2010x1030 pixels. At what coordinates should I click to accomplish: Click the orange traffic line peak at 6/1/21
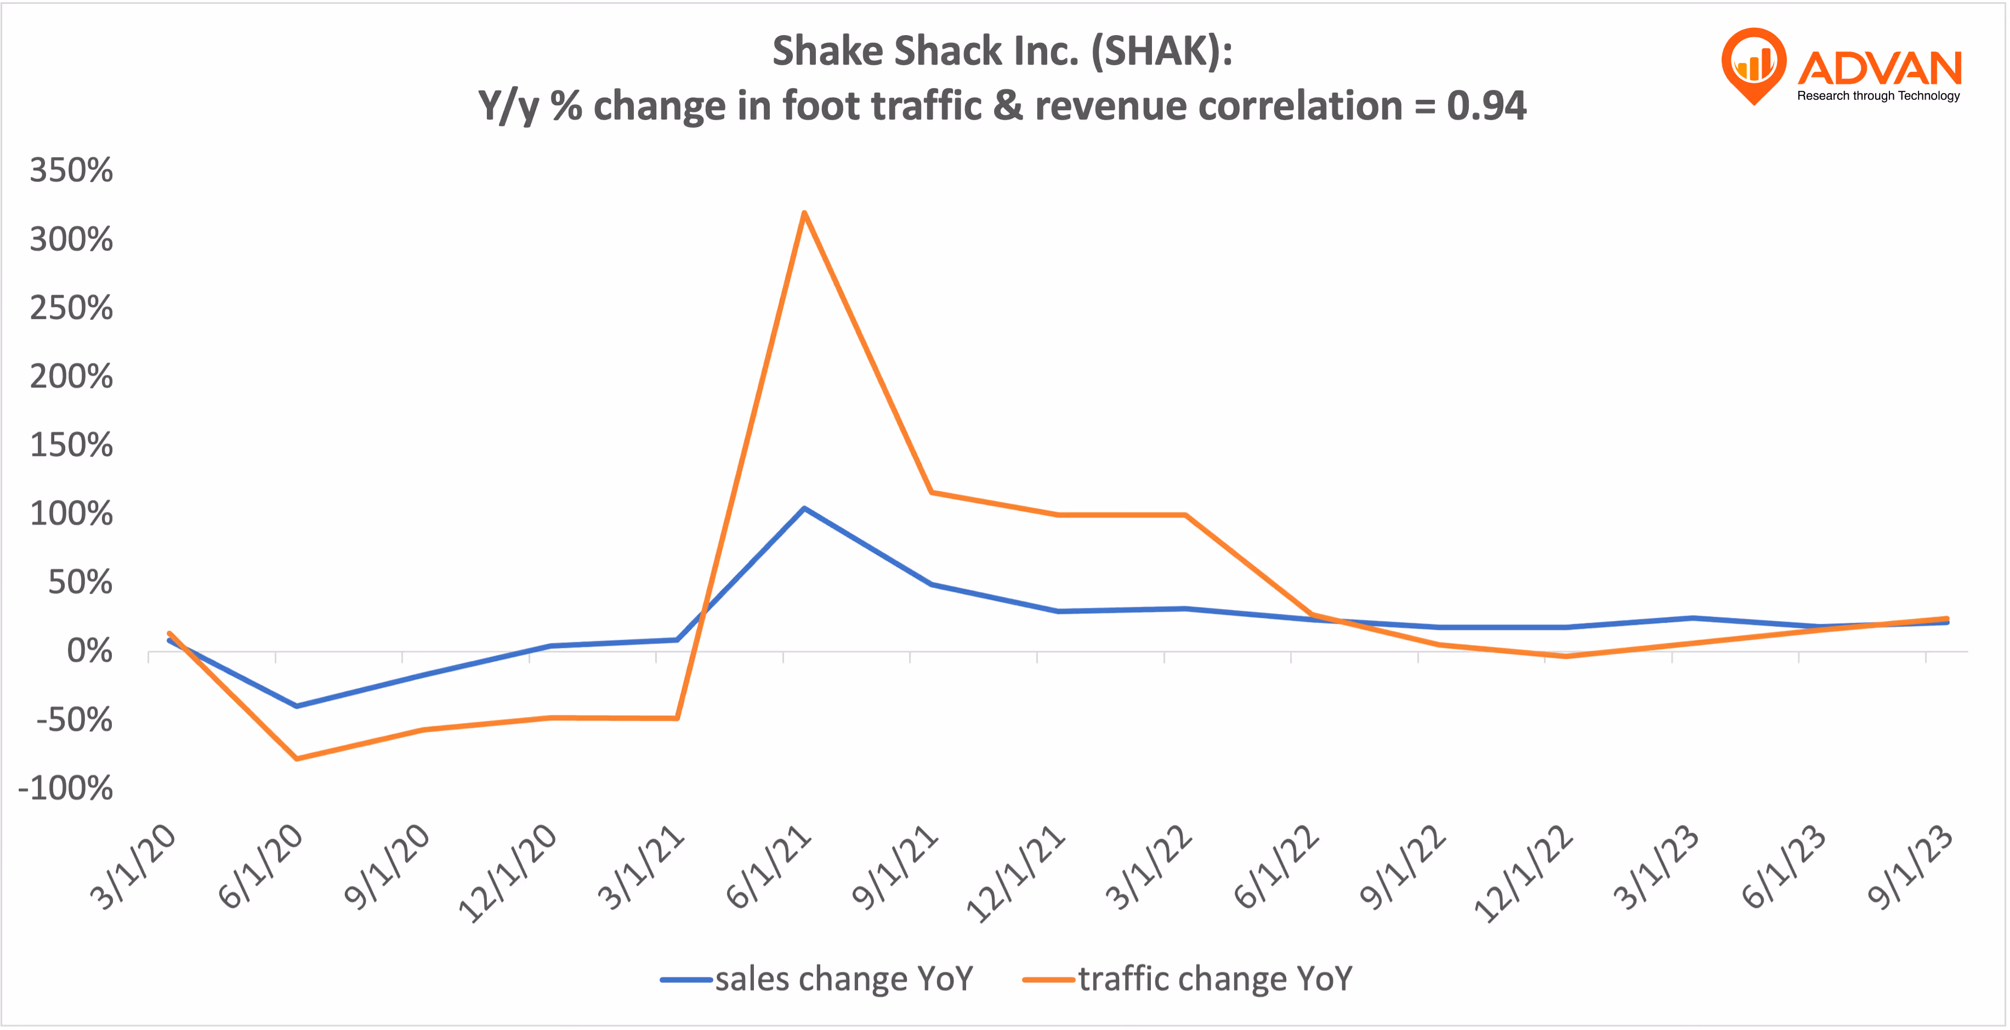pos(804,213)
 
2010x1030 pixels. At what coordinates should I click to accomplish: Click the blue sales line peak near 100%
pos(804,509)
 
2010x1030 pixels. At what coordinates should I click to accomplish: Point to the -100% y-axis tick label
pos(66,788)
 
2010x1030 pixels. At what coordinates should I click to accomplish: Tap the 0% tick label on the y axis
pos(89,651)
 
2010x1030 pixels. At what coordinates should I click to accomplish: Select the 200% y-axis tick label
pos(71,377)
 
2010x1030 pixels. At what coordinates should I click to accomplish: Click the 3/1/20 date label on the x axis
pos(133,868)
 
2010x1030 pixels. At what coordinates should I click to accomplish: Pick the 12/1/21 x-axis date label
pos(1014,874)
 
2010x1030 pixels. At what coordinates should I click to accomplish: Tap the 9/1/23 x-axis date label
pos(1910,868)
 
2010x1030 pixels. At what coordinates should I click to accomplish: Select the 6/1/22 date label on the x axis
pos(1276,868)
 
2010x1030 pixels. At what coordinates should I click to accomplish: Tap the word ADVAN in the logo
pos(1879,69)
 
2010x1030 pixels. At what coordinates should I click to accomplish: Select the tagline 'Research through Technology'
pos(1878,96)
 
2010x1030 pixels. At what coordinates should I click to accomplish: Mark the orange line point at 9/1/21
pos(932,492)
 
